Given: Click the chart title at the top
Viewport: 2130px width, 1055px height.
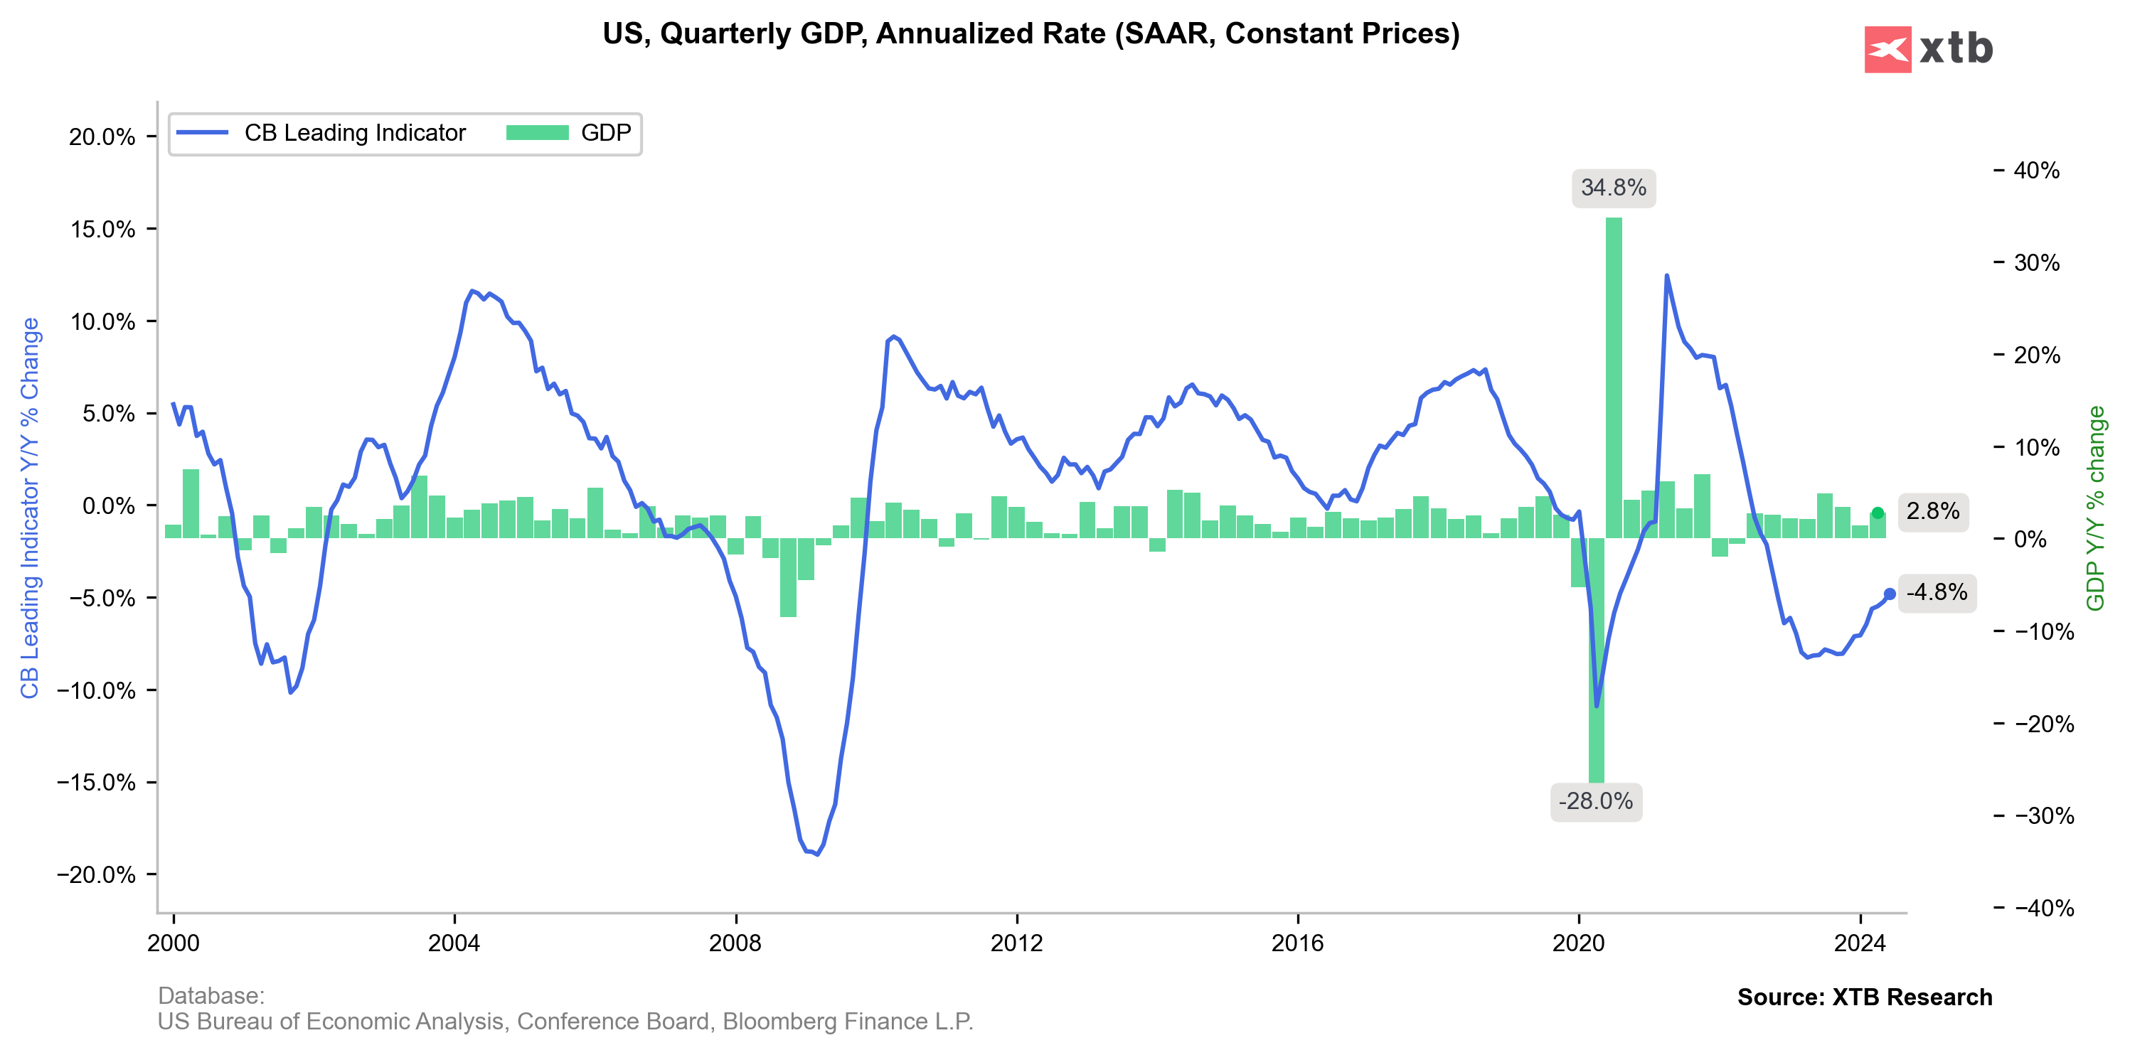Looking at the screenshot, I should (1031, 34).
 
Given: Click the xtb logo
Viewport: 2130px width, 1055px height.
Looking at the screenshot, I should (1928, 49).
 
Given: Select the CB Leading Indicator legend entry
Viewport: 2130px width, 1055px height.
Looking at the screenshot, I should (321, 133).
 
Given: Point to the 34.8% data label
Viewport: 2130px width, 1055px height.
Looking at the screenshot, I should (1612, 188).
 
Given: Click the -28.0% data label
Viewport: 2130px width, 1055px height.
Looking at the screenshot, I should (1595, 801).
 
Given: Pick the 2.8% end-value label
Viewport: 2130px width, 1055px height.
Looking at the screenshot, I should (1932, 511).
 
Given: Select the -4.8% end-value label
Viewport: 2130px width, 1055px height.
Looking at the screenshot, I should (1937, 592).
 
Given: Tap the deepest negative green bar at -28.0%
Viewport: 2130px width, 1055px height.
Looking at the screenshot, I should (1596, 661).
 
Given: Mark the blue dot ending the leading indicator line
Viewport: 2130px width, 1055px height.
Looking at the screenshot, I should (1890, 594).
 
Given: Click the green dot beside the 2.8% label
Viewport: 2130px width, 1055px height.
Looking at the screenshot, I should (1878, 513).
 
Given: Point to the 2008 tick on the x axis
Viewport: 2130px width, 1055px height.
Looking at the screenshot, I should (735, 943).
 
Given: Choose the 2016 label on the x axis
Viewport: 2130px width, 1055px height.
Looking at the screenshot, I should (1297, 943).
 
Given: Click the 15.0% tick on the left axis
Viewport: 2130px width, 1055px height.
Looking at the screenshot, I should (103, 229).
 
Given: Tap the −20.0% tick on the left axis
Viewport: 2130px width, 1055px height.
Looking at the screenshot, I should (96, 874).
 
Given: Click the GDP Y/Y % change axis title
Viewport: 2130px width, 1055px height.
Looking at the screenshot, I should (2095, 508).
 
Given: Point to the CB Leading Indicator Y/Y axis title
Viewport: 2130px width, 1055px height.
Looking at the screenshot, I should (30, 508).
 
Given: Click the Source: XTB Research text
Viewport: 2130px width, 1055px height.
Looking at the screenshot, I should (1864, 997).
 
